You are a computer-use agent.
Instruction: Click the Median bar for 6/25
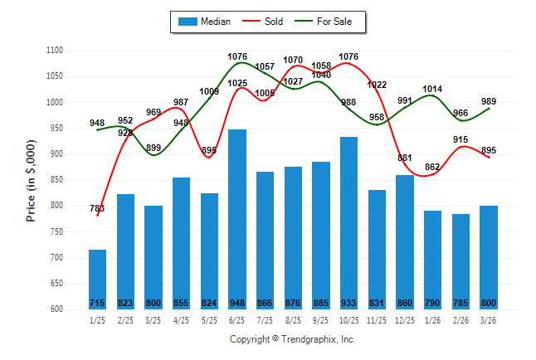point(237,220)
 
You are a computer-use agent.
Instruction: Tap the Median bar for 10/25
point(349,224)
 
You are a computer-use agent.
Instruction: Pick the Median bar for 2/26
point(461,261)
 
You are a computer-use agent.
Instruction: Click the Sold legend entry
point(263,21)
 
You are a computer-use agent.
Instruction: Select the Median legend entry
point(205,21)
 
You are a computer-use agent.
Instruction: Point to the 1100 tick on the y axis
point(55,51)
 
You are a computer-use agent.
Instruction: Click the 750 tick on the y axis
point(56,231)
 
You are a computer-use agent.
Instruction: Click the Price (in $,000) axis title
point(31,180)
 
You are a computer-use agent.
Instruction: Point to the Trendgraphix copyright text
point(292,339)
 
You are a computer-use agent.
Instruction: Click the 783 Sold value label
point(98,208)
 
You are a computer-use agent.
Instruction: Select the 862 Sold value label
point(432,167)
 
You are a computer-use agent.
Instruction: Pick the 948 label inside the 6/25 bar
point(237,303)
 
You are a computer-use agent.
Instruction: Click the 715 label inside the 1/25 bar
point(98,303)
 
